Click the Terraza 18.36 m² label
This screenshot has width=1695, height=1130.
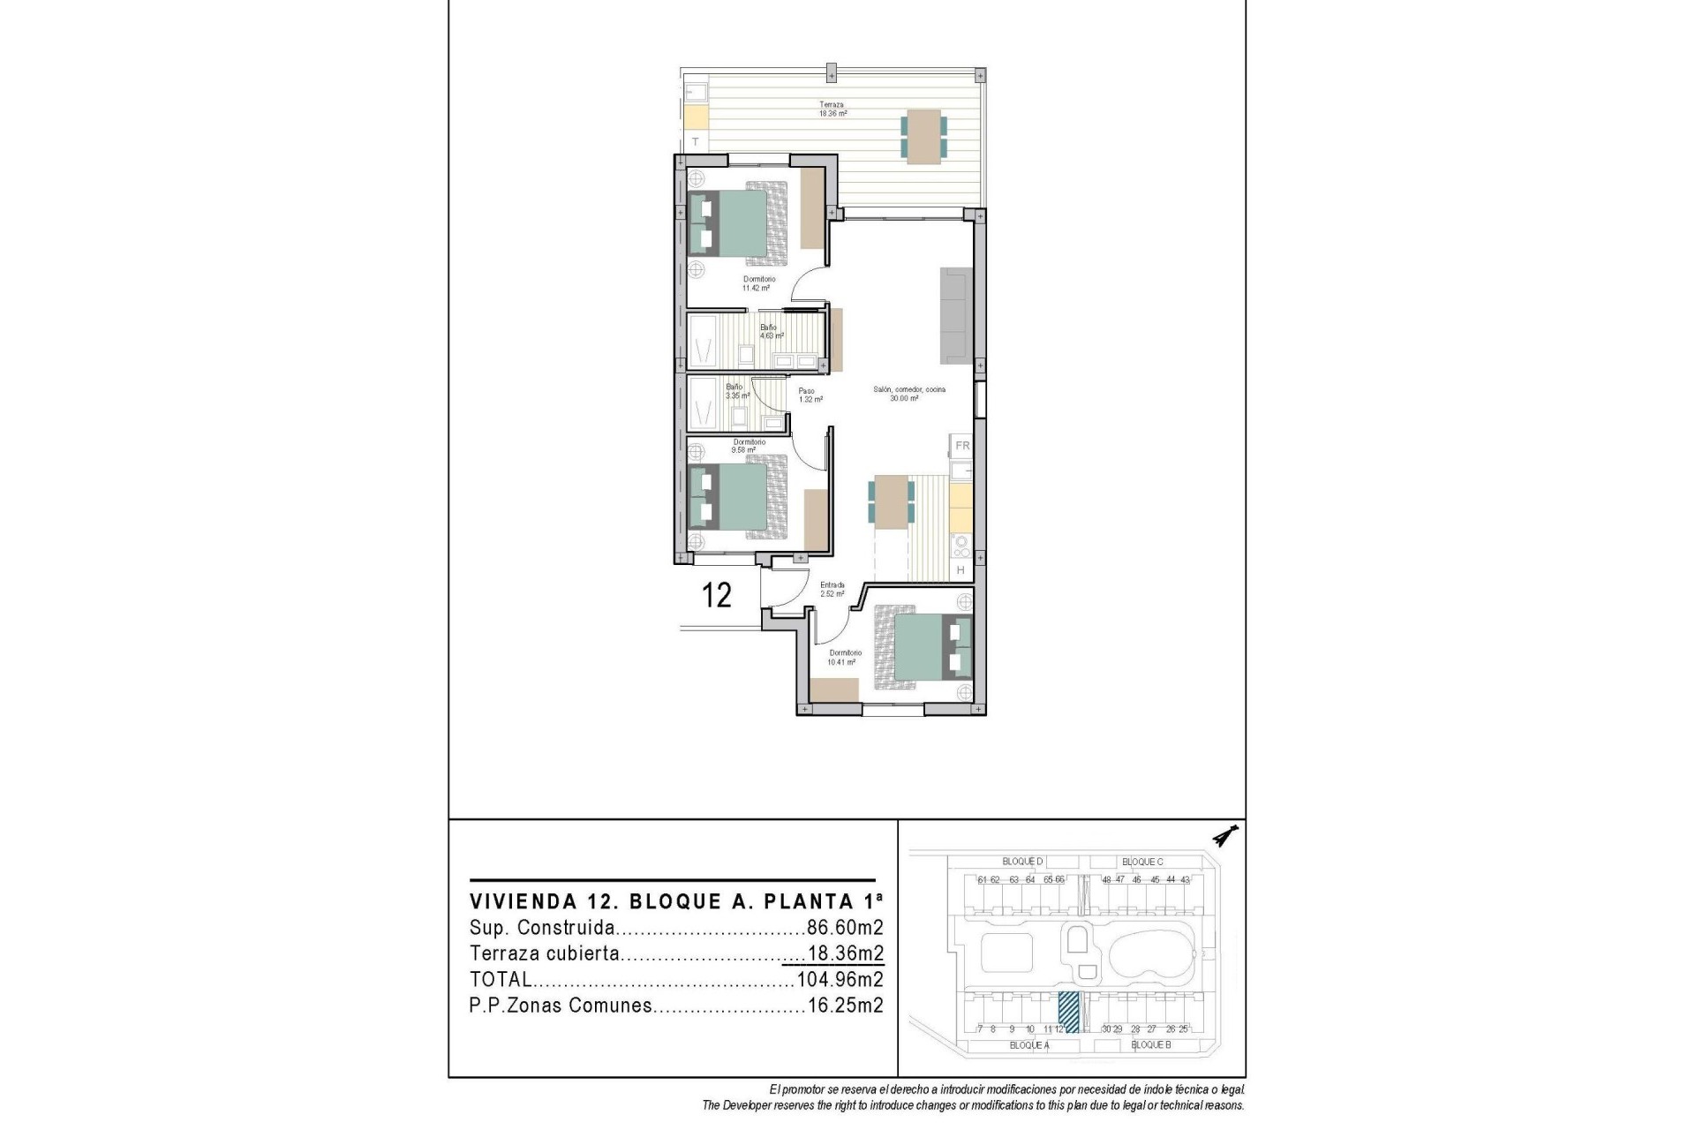pyautogui.click(x=832, y=109)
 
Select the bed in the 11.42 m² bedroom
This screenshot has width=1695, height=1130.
pyautogui.click(x=738, y=223)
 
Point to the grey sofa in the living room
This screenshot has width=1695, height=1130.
pyautogui.click(x=955, y=316)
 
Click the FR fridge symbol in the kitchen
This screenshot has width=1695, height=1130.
pyautogui.click(x=962, y=446)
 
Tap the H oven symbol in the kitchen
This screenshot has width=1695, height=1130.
pyautogui.click(x=961, y=571)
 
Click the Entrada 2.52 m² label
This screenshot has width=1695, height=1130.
pyautogui.click(x=832, y=589)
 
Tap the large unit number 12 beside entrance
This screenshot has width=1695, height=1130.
pyautogui.click(x=717, y=595)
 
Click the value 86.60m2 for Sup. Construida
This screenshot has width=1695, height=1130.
pyautogui.click(x=845, y=928)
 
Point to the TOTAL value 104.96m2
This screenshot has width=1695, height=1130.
pyautogui.click(x=840, y=979)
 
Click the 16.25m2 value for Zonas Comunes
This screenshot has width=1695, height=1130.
pyautogui.click(x=845, y=1005)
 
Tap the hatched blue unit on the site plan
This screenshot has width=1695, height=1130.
pyautogui.click(x=1068, y=1012)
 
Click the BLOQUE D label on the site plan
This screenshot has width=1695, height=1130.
pyautogui.click(x=1022, y=862)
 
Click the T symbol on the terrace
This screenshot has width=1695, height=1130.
pyautogui.click(x=696, y=141)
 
